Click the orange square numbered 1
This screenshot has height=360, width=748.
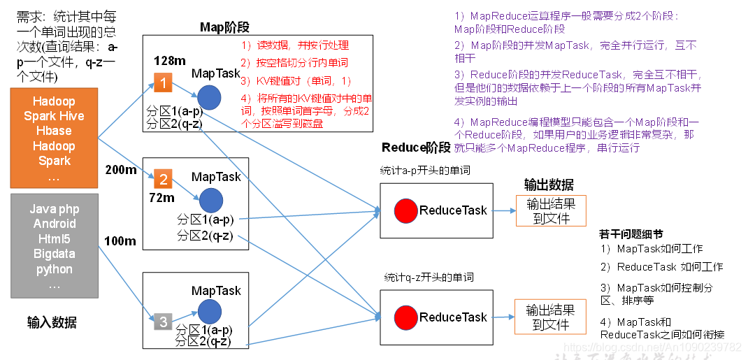click(162, 83)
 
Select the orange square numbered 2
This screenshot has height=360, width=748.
click(163, 180)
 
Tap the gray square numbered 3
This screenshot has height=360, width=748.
click(163, 322)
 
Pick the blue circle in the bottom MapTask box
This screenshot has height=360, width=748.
click(209, 312)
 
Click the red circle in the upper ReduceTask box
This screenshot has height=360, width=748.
click(405, 210)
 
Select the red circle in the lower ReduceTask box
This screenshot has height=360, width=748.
click(405, 317)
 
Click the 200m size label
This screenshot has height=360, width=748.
click(120, 170)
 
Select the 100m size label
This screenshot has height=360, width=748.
click(120, 241)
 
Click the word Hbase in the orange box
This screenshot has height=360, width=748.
click(54, 131)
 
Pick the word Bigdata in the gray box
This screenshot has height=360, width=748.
click(54, 254)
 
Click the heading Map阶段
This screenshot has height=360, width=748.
click(224, 27)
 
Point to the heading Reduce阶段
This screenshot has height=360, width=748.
click(416, 147)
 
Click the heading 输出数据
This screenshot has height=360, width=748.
click(549, 185)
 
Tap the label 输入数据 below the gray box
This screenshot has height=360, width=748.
click(52, 322)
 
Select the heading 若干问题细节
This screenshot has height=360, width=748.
click(631, 233)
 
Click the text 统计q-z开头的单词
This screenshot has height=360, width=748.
click(429, 277)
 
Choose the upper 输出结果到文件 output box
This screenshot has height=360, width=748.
click(551, 210)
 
